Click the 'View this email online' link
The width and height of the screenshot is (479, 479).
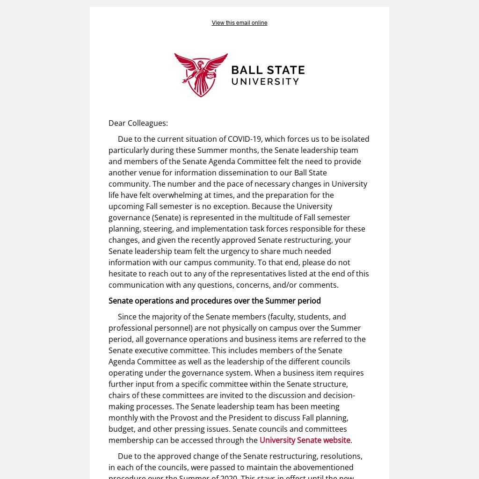[239, 23]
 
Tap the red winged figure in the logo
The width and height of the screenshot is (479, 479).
[201, 75]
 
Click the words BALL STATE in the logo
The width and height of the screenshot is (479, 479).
[268, 70]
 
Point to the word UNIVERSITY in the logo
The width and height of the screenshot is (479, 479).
[265, 81]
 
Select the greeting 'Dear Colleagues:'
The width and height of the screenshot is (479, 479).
[138, 123]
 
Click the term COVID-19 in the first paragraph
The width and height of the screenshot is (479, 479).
[244, 139]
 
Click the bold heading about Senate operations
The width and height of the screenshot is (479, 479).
[214, 301]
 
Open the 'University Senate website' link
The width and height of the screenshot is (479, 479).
[305, 440]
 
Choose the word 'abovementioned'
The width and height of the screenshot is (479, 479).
[324, 467]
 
